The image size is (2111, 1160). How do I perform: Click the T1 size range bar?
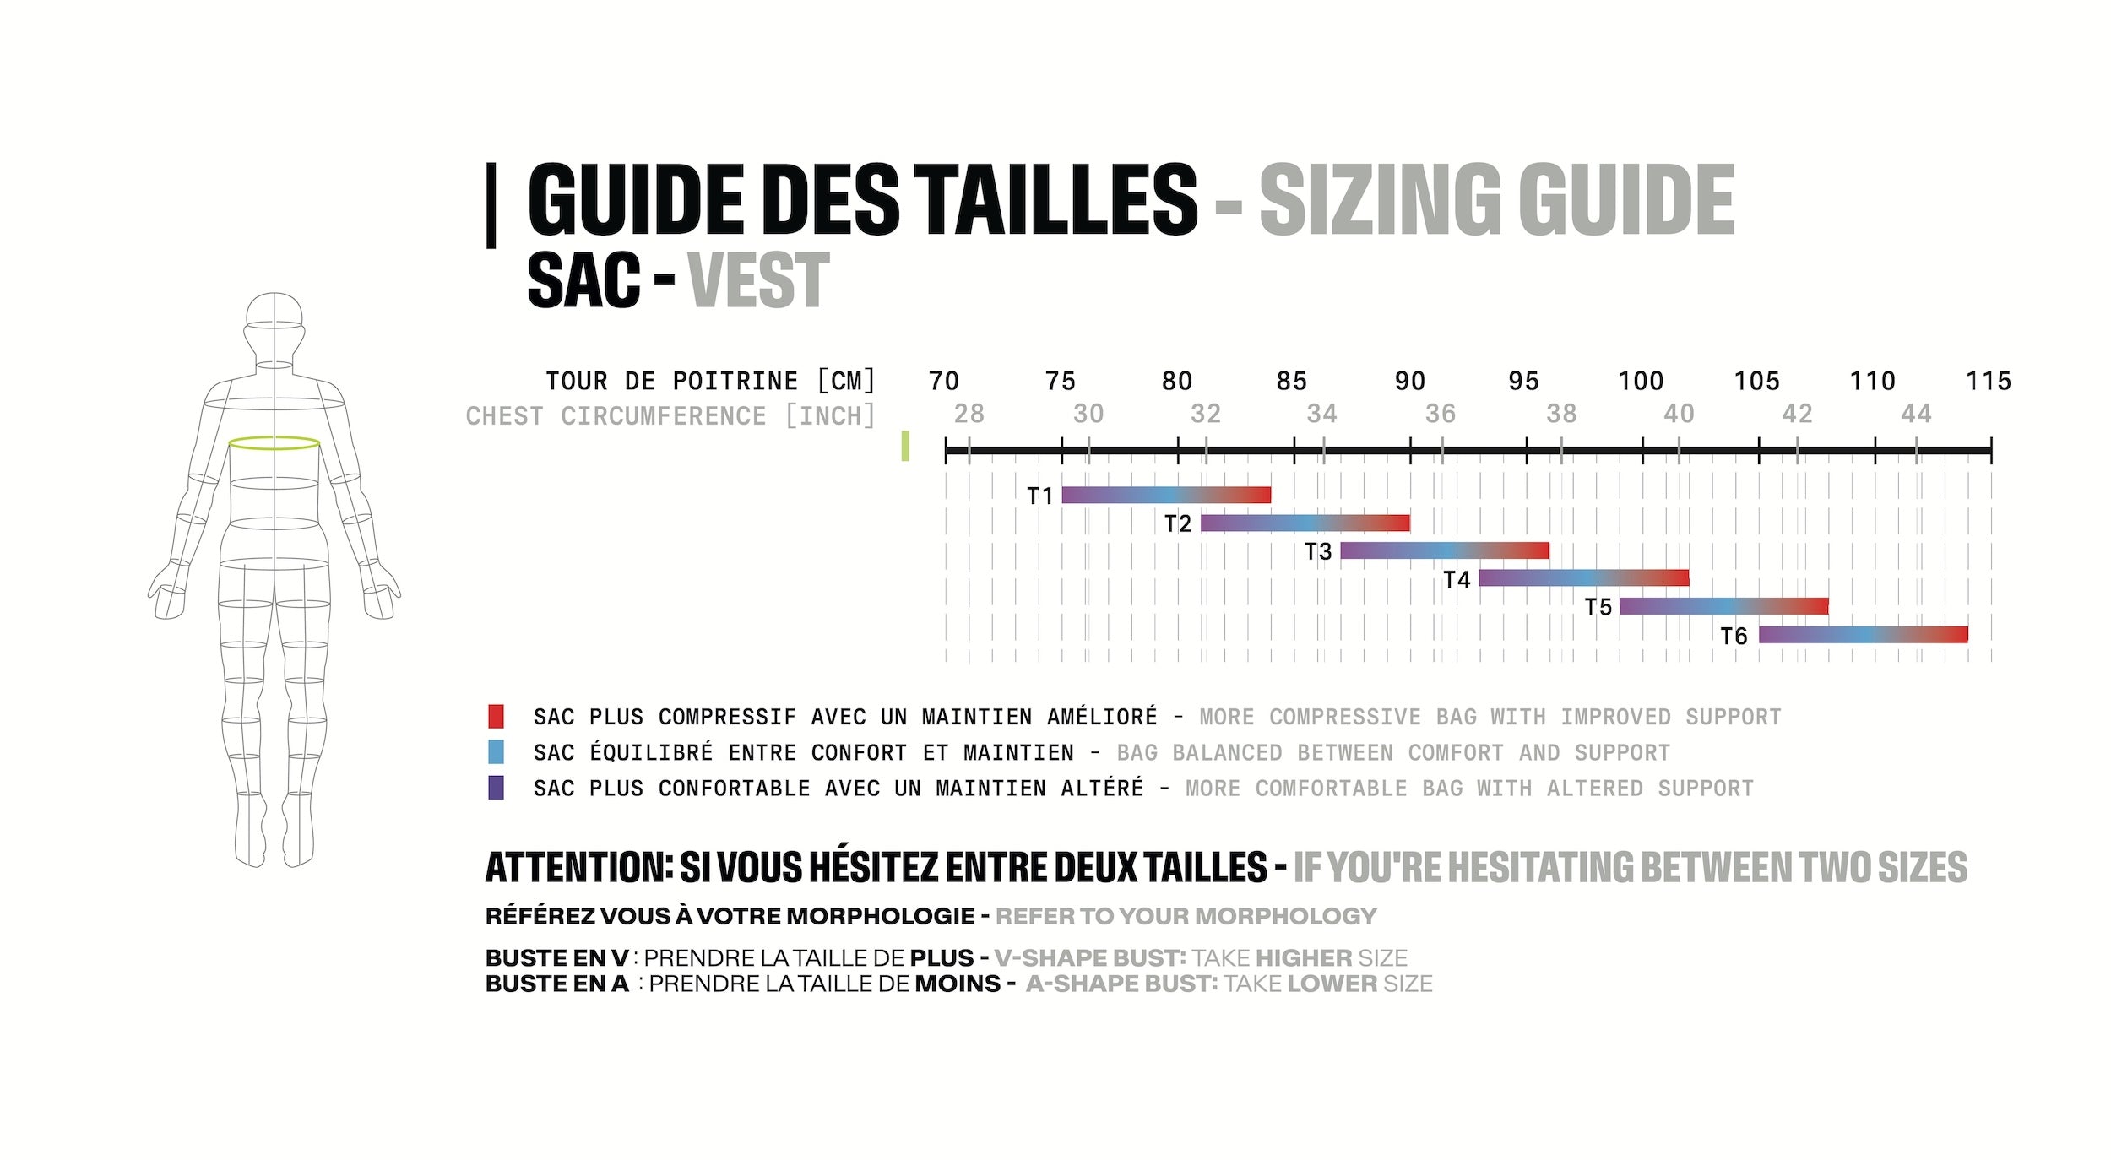click(x=1165, y=496)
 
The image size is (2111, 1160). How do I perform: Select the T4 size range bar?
click(x=1583, y=578)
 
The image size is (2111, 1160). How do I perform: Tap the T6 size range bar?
click(x=1863, y=635)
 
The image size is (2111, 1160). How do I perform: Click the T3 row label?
click(x=1317, y=552)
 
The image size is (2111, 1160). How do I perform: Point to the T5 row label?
click(x=1598, y=607)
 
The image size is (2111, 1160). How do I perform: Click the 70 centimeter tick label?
click(x=943, y=382)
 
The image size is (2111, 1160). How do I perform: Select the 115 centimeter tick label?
click(x=1988, y=382)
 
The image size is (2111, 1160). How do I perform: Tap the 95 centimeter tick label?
click(x=1523, y=382)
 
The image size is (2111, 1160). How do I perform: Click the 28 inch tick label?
click(x=969, y=415)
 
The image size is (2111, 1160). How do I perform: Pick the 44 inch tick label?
click(x=1916, y=415)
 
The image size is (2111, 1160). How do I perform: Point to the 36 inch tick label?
click(x=1441, y=415)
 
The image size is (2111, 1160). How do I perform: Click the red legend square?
click(x=496, y=717)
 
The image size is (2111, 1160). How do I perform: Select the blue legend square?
click(x=496, y=752)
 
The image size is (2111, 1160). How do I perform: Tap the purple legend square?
click(x=496, y=788)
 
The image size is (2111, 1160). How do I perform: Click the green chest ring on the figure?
click(x=274, y=443)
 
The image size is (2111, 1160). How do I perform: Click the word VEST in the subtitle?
click(x=758, y=281)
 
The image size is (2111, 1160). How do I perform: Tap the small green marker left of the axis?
click(x=905, y=446)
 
